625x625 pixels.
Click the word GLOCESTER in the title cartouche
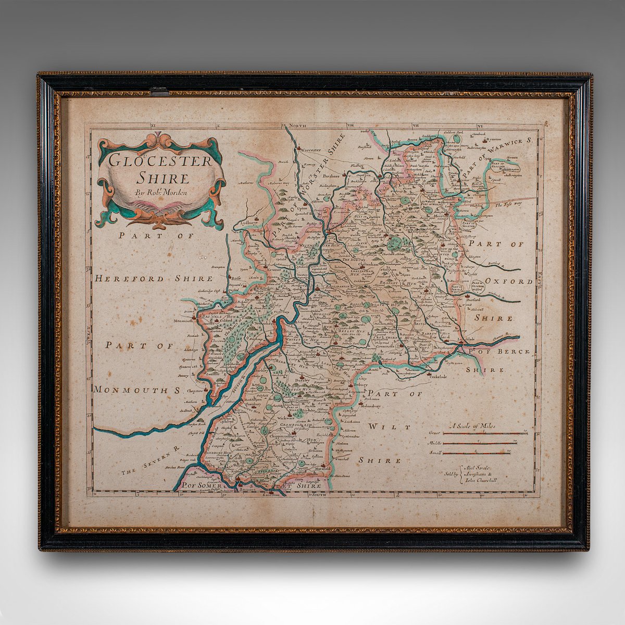tap(161, 160)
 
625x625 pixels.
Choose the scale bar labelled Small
tap(484, 453)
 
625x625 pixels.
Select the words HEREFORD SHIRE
tap(153, 279)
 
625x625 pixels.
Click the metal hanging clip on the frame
tap(159, 92)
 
